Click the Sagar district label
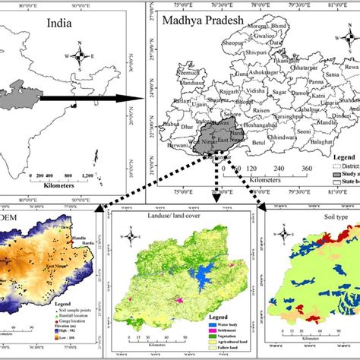281,91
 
